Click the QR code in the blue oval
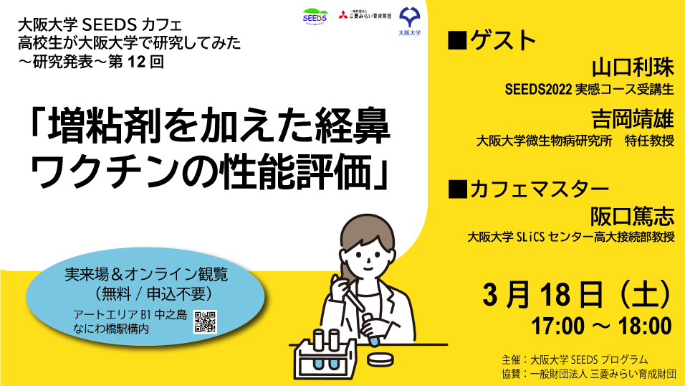click(205, 322)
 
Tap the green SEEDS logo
click(315, 17)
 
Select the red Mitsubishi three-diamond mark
click(343, 14)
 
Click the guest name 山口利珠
click(633, 68)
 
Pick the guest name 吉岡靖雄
click(633, 119)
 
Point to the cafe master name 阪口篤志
click(633, 216)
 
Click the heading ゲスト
click(502, 40)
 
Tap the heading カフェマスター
click(539, 189)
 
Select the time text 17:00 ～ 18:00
click(601, 326)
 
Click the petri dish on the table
click(380, 359)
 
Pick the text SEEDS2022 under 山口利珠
click(538, 89)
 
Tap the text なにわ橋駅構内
click(111, 329)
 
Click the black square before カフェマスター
click(457, 189)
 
